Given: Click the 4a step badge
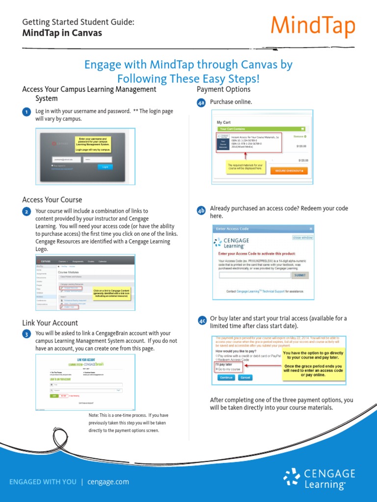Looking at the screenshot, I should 201,103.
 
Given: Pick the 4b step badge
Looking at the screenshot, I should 201,211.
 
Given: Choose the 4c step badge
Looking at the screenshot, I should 202,321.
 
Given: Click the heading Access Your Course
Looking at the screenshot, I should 52,200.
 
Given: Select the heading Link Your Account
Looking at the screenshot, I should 50,323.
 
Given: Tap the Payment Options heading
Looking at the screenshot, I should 223,89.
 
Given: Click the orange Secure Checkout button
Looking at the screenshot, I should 291,171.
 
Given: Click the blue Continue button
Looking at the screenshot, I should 226,377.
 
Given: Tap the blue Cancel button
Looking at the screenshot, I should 245,377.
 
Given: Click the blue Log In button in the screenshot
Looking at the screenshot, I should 104,167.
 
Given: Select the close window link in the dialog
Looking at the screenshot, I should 302,238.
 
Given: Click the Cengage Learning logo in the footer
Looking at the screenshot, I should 319,478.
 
